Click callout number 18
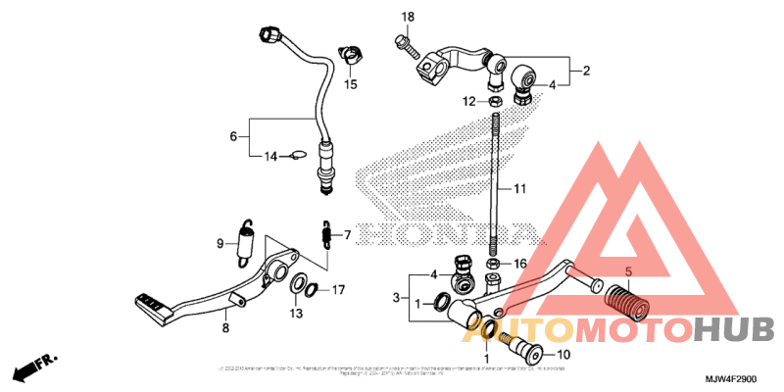tap(409, 17)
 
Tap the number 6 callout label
tap(233, 136)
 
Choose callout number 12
tap(469, 101)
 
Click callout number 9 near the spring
tap(220, 242)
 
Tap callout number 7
tap(347, 235)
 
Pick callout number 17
tap(337, 289)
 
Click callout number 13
tap(295, 313)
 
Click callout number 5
tap(629, 270)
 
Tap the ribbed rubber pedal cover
tap(620, 298)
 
